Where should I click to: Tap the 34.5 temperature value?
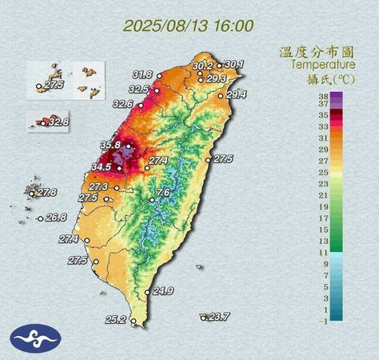click(x=102, y=166)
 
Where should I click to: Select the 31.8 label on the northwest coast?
click(x=142, y=75)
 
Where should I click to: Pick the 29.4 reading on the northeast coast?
click(x=237, y=95)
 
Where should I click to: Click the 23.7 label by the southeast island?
click(x=218, y=317)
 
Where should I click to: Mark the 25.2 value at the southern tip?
click(x=116, y=320)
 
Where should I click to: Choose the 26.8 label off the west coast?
click(x=56, y=218)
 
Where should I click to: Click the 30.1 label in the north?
click(x=234, y=64)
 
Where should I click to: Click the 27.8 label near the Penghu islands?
click(x=46, y=193)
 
